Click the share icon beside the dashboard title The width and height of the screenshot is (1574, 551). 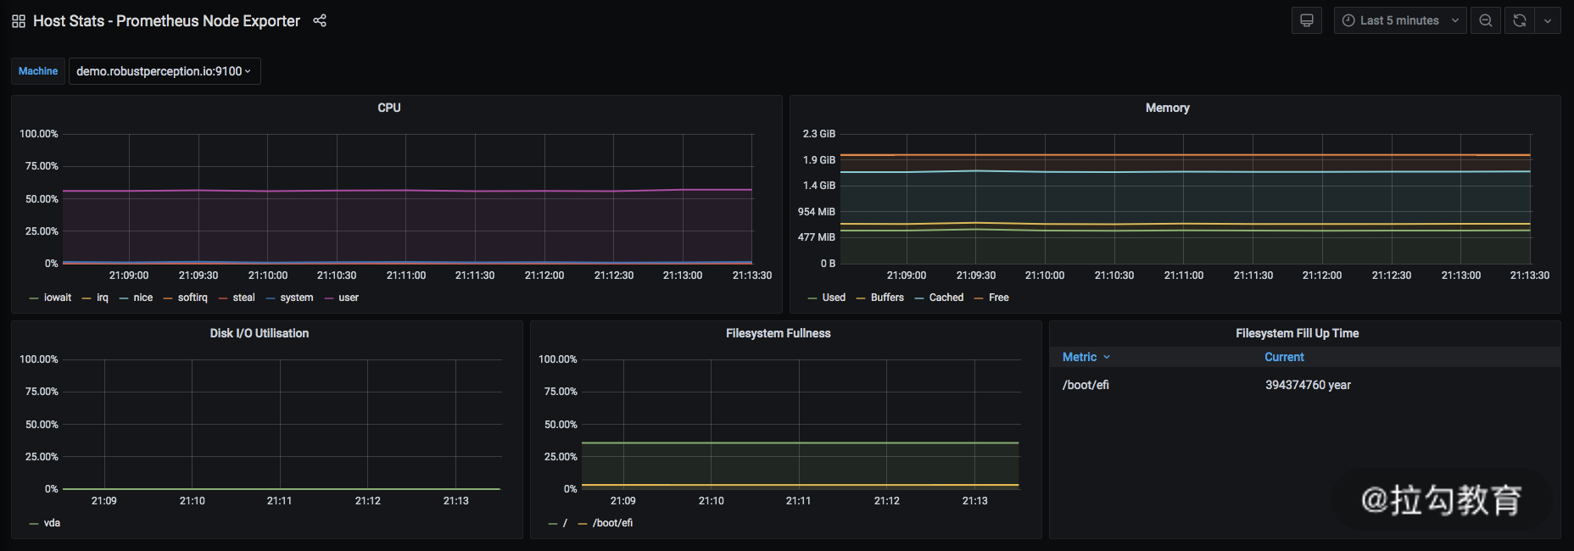point(320,20)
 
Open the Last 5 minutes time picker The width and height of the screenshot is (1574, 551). point(1399,20)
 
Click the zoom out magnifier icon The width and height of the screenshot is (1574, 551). point(1486,20)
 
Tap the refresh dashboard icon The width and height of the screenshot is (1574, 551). point(1520,20)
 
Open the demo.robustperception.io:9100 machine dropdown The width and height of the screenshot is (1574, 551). point(164,71)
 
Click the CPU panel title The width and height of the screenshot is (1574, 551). point(389,108)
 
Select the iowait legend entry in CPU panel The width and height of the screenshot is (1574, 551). point(57,298)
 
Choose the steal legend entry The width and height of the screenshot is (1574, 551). point(243,298)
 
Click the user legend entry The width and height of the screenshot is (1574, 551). point(348,298)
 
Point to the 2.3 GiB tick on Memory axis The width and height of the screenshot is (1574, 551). point(819,134)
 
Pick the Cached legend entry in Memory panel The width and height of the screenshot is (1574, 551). point(946,298)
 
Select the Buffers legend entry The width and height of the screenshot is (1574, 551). point(887,298)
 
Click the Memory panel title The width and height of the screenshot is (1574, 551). point(1167,108)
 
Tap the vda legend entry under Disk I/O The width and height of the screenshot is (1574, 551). point(52,523)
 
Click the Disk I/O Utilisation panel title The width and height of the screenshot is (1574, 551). point(260,333)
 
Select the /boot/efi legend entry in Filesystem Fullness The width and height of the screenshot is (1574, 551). point(612,523)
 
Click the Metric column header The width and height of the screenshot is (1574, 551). point(1080,357)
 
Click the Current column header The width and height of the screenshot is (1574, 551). point(1284,357)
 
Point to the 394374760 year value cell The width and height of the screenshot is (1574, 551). point(1308,385)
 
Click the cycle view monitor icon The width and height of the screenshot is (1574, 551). point(1307,20)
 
